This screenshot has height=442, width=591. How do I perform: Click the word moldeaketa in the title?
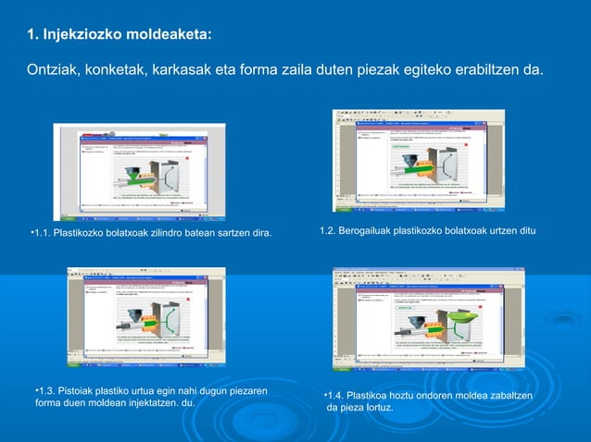[170, 35]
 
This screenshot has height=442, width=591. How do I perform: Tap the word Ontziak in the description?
[55, 71]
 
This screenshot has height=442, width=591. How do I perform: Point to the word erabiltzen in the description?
[484, 71]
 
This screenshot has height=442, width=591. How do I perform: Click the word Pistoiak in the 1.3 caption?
[86, 391]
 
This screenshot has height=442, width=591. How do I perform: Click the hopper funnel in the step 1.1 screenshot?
[136, 169]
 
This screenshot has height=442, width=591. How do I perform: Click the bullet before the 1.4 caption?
[325, 396]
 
